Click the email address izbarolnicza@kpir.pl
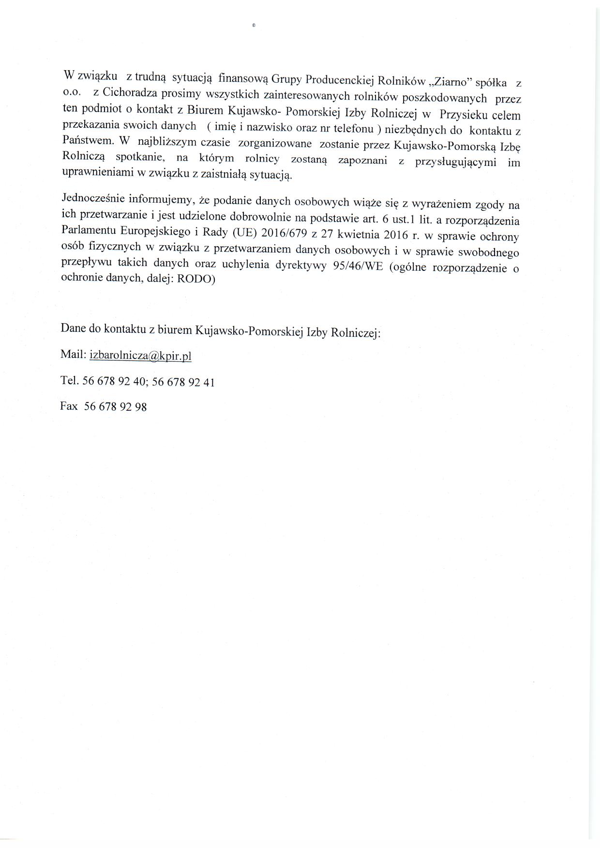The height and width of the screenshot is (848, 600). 141,356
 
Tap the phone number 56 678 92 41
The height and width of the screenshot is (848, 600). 183,382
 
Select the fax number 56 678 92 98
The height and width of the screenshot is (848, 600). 116,407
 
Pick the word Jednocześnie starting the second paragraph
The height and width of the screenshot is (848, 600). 93,199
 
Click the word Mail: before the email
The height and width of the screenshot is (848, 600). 73,355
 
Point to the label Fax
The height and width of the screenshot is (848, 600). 69,406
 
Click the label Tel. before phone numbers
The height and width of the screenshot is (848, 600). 70,381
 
